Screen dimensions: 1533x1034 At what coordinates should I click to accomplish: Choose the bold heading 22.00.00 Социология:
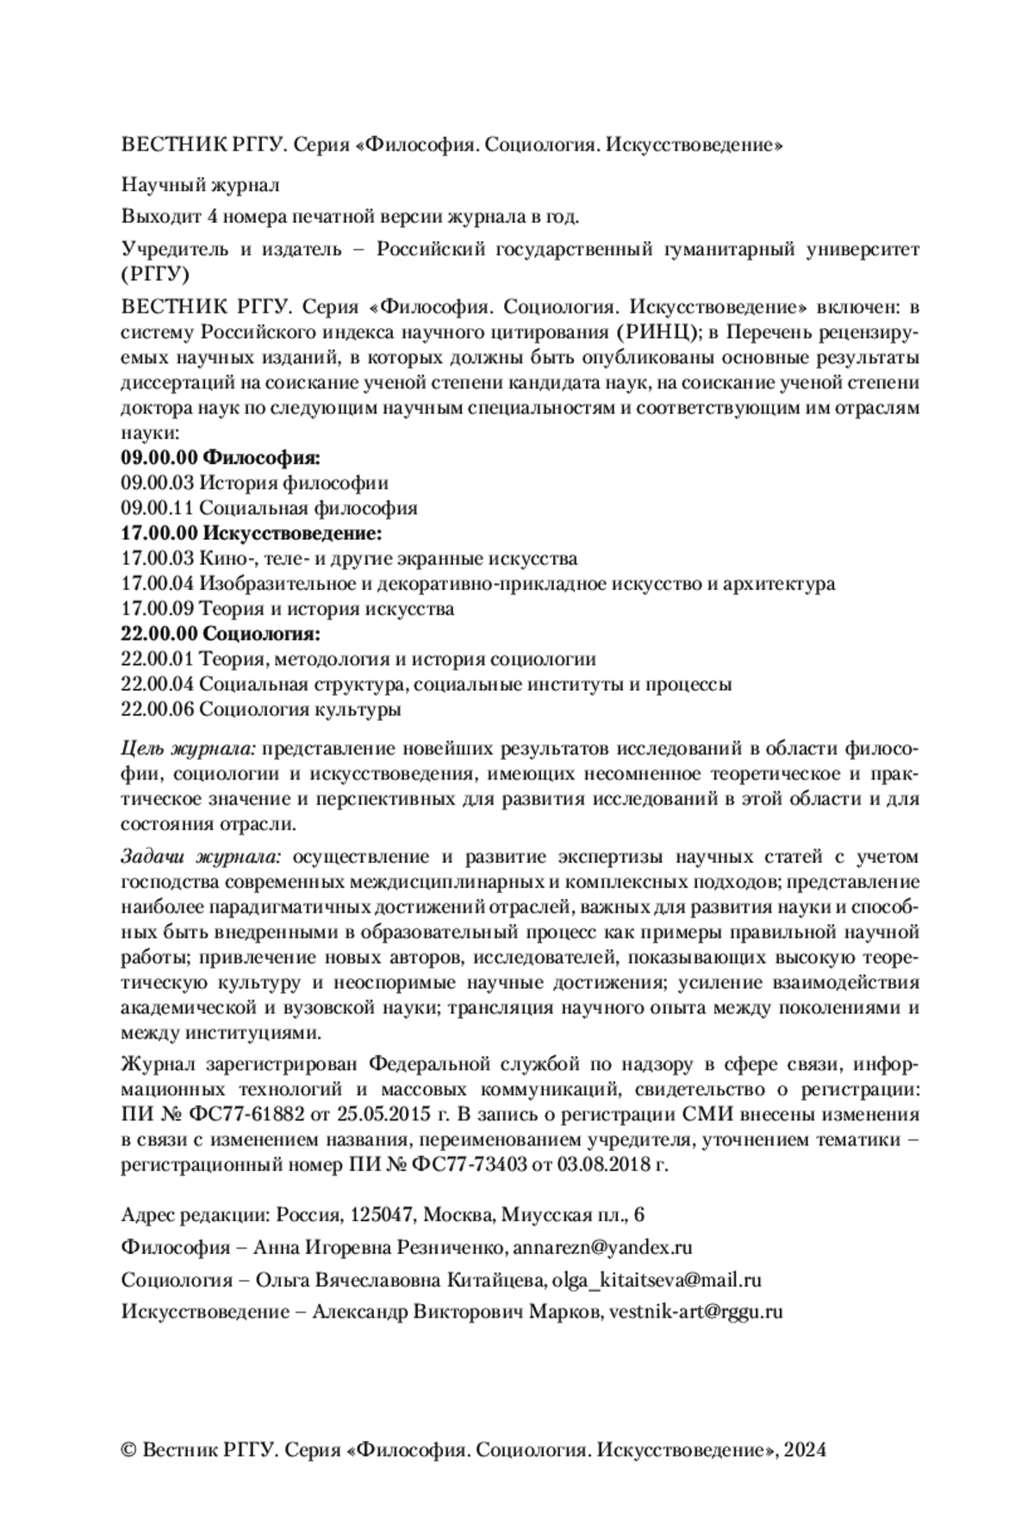click(221, 635)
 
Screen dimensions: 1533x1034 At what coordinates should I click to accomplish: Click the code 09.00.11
click(158, 508)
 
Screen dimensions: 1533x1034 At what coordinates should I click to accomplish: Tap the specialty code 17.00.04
click(158, 584)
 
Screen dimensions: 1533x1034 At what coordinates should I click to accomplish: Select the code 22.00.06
click(158, 711)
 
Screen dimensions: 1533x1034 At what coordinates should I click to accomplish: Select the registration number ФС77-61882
click(241, 1114)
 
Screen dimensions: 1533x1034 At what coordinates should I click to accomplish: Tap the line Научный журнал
click(200, 184)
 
